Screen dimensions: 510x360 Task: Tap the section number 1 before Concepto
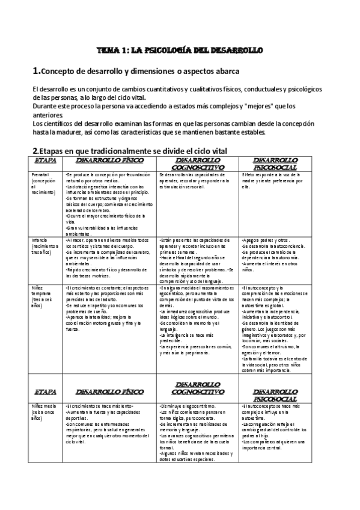point(36,71)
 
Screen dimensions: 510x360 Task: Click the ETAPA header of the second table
point(46,390)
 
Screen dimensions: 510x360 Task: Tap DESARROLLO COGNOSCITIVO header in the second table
point(198,390)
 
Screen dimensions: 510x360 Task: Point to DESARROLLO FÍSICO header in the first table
point(110,161)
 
